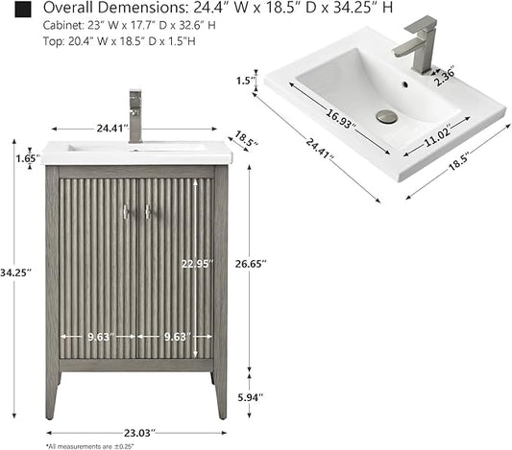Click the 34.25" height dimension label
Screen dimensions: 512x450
(x=15, y=272)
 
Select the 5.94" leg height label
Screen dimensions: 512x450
(x=251, y=397)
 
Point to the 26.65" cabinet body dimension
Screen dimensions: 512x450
(x=251, y=264)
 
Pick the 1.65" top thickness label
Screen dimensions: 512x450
(x=28, y=158)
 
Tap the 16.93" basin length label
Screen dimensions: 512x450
(x=341, y=118)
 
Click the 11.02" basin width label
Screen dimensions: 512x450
(x=438, y=135)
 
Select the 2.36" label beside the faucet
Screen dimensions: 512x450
(x=445, y=77)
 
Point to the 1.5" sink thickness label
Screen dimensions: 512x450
(x=245, y=81)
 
